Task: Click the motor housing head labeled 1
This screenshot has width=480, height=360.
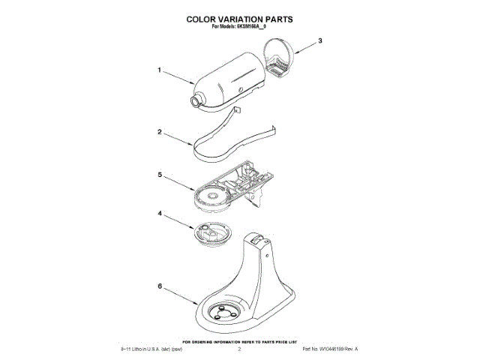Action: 229,79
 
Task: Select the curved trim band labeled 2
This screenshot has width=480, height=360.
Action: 225,139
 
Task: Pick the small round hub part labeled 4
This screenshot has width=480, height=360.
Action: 211,234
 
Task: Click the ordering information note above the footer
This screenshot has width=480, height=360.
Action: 239,340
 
